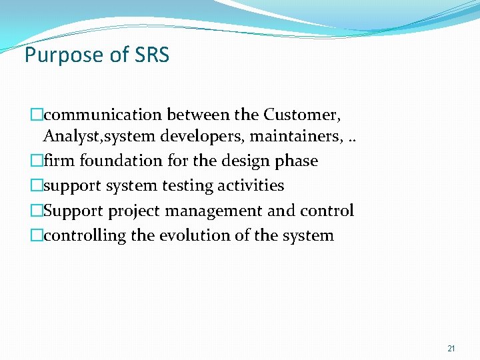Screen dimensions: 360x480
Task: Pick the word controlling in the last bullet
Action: tap(85, 236)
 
